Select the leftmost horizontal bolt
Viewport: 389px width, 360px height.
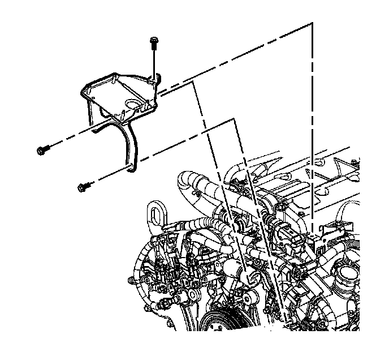coord(42,149)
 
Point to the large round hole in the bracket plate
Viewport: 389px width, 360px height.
coord(136,105)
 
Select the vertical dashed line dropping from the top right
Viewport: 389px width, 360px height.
coord(312,113)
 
